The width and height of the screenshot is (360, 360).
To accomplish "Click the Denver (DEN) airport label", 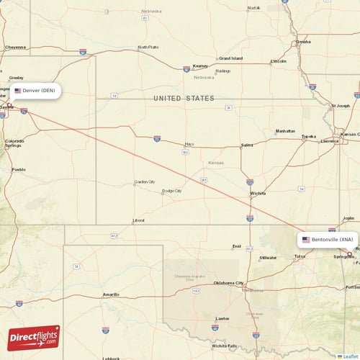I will tap(36, 91).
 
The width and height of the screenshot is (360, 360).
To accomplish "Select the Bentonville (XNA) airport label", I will tap(328, 239).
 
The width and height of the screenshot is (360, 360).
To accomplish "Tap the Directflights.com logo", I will tap(34, 337).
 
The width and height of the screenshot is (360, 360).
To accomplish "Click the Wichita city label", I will tap(257, 193).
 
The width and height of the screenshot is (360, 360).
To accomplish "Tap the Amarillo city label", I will tap(111, 294).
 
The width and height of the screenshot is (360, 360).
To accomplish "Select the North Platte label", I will tap(148, 48).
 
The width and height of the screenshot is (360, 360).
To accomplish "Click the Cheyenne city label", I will tap(15, 47).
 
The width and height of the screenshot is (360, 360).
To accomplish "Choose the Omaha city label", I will tap(303, 42).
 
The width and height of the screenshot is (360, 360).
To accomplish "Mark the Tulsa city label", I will tap(300, 256).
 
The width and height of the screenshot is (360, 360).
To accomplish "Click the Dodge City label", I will tap(171, 191).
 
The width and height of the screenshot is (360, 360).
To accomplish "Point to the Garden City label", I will tap(145, 182).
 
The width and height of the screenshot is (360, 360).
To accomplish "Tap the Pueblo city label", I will tap(18, 170).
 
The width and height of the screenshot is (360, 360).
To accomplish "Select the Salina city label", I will tap(246, 145).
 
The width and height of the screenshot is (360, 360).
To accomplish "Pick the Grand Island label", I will tap(230, 58).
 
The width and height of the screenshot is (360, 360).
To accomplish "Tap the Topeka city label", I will tap(308, 136).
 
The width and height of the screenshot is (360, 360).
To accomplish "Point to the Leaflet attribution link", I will tap(350, 356).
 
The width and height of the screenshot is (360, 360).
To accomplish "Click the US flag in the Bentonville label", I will tap(306, 239).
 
